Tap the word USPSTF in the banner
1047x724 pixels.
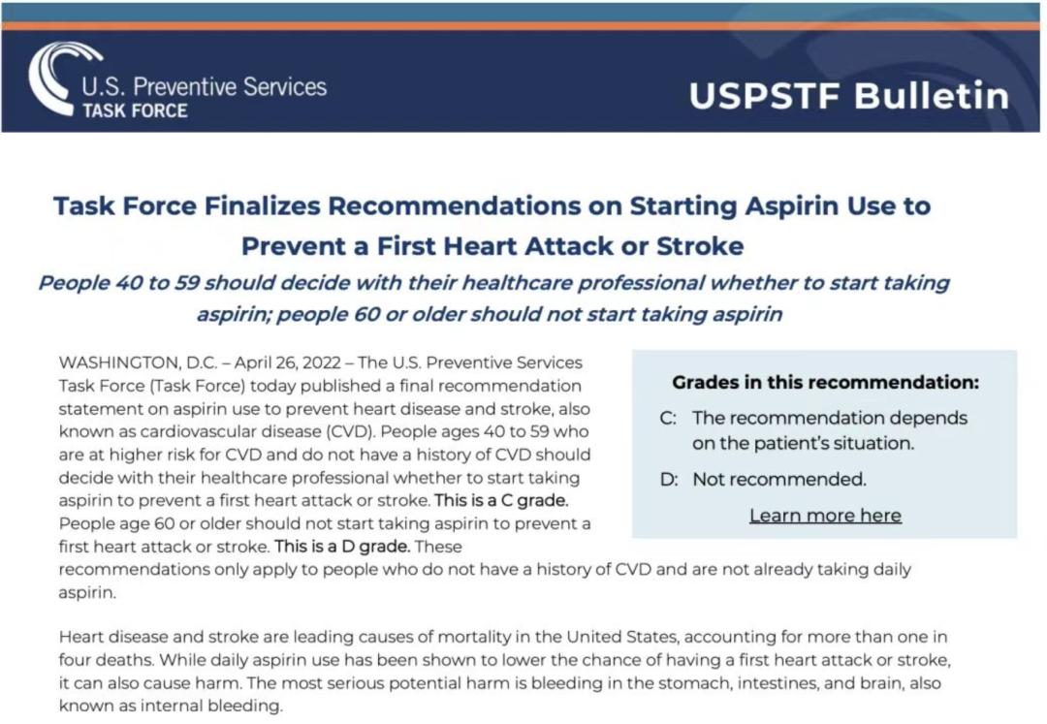(765, 95)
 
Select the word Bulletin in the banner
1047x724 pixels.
(933, 95)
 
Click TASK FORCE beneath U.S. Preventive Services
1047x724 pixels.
(135, 110)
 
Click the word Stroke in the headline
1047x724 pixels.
(700, 246)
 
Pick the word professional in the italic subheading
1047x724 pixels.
(641, 283)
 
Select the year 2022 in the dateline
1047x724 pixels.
(321, 363)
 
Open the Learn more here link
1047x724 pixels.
(825, 516)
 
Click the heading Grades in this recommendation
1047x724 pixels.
(825, 382)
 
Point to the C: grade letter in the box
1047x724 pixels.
(668, 419)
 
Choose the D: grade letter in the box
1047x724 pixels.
(668, 480)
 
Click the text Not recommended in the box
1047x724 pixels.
(779, 480)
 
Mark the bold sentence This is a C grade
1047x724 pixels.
(501, 500)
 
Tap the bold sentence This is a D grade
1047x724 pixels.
(342, 547)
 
